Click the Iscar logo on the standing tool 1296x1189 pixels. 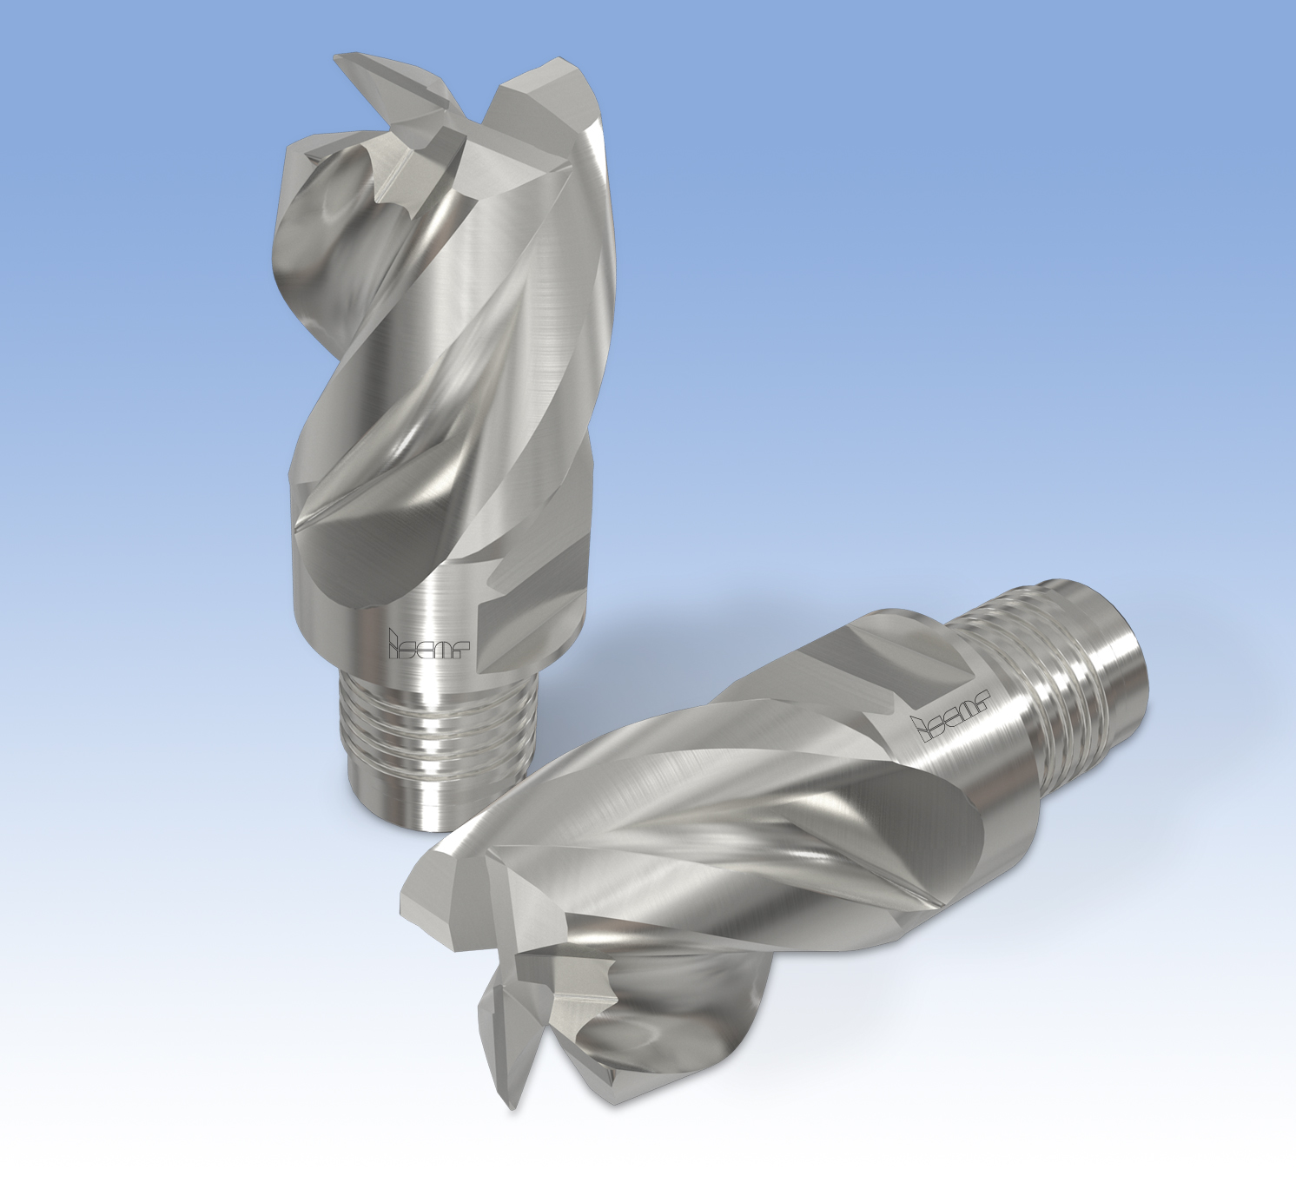click(428, 643)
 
